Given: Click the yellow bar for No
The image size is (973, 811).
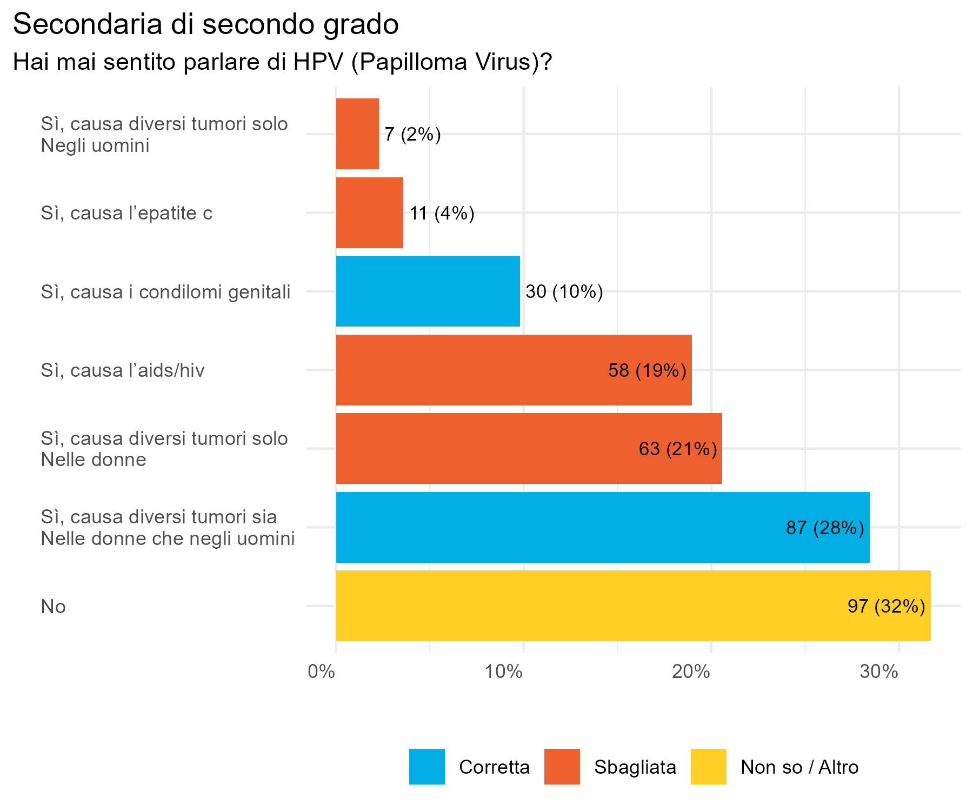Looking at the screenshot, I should click(632, 606).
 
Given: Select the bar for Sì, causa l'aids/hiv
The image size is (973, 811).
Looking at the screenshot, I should click(514, 370).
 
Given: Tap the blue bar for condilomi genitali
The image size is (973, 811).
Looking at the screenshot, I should click(428, 291).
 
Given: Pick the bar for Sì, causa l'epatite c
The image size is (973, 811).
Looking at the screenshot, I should click(369, 212).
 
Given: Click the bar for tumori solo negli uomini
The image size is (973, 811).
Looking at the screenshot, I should click(357, 134).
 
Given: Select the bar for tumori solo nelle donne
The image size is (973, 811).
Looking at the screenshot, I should click(529, 448).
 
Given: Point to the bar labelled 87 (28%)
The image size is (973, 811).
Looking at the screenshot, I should click(602, 527).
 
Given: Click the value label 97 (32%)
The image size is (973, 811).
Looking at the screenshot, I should click(886, 606).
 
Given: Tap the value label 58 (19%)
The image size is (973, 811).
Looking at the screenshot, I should click(647, 370).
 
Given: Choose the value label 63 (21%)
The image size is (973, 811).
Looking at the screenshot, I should click(678, 449).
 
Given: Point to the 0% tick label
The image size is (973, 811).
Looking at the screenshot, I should click(321, 672).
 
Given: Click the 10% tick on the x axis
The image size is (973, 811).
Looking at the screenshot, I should click(503, 672).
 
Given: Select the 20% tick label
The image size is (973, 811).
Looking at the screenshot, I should click(691, 672).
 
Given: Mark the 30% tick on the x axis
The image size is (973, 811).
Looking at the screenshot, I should click(878, 672).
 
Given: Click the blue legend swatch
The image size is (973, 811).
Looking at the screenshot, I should click(427, 766).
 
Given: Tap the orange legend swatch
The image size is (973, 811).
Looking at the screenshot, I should click(562, 766).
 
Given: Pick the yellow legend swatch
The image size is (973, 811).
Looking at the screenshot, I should click(709, 766).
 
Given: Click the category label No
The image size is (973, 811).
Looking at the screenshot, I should click(53, 607).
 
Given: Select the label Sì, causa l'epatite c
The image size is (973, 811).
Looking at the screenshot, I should click(126, 213).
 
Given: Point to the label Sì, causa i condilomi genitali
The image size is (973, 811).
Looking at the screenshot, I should click(165, 292).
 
